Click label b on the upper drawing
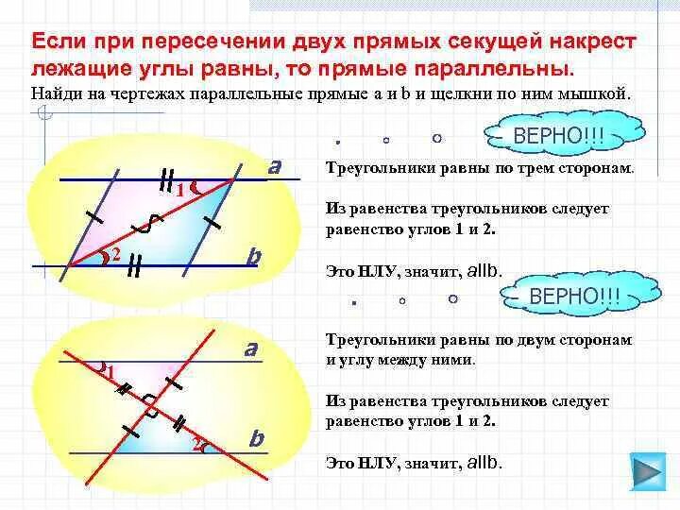[x=253, y=256]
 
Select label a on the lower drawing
[x=250, y=348]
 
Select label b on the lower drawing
[x=256, y=439]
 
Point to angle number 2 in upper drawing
[x=114, y=254]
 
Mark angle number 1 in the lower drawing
[x=110, y=372]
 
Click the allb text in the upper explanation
[x=484, y=271]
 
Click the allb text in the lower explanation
[x=484, y=463]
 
